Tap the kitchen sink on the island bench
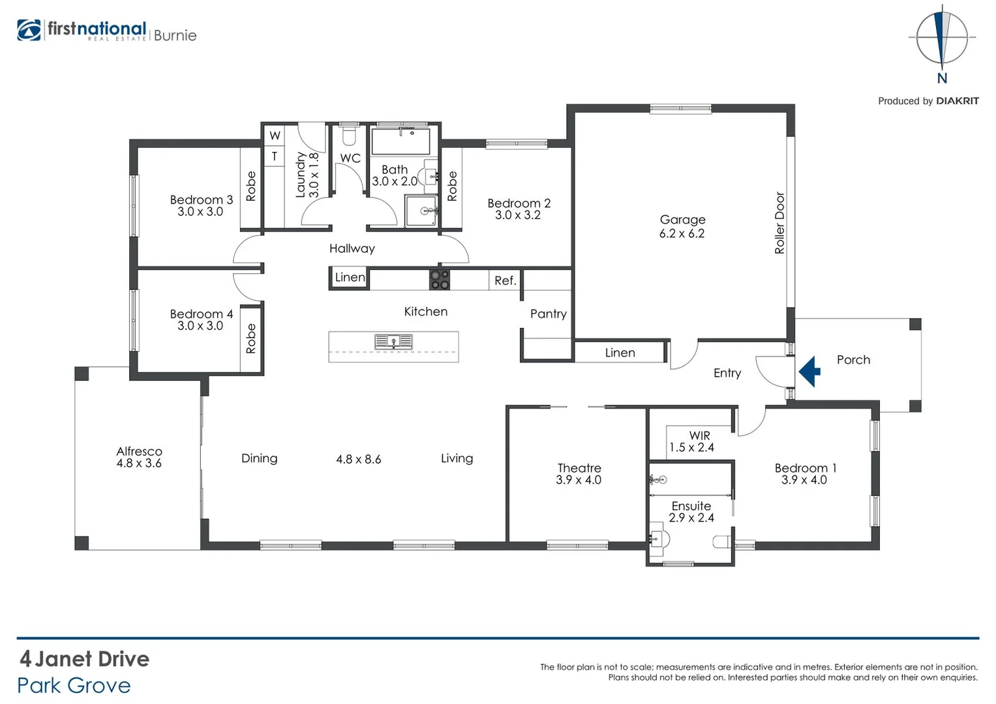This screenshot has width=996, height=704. [x=393, y=342]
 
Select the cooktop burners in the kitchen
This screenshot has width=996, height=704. [x=439, y=280]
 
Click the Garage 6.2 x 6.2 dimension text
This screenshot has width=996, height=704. [x=682, y=234]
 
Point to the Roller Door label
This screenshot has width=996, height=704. [x=779, y=223]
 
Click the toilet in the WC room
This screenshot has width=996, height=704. [x=349, y=136]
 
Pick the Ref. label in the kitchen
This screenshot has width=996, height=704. [x=505, y=281]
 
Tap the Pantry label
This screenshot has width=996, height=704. [x=548, y=314]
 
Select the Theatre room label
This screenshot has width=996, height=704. [x=579, y=468]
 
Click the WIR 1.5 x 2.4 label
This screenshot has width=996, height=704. [x=692, y=441]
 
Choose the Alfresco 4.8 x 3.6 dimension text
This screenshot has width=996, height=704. [x=139, y=463]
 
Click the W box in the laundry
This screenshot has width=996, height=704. [x=275, y=136]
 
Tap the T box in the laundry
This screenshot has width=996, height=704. [x=275, y=156]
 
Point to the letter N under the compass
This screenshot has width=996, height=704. [x=942, y=79]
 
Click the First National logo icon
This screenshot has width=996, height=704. [x=29, y=31]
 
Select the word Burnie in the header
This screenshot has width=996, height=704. [x=175, y=36]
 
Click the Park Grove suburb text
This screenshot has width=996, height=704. [x=74, y=686]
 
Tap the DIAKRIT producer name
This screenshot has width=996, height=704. [x=957, y=101]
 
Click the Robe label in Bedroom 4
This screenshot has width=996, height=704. [x=251, y=339]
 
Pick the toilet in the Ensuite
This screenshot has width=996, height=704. [x=721, y=541]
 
